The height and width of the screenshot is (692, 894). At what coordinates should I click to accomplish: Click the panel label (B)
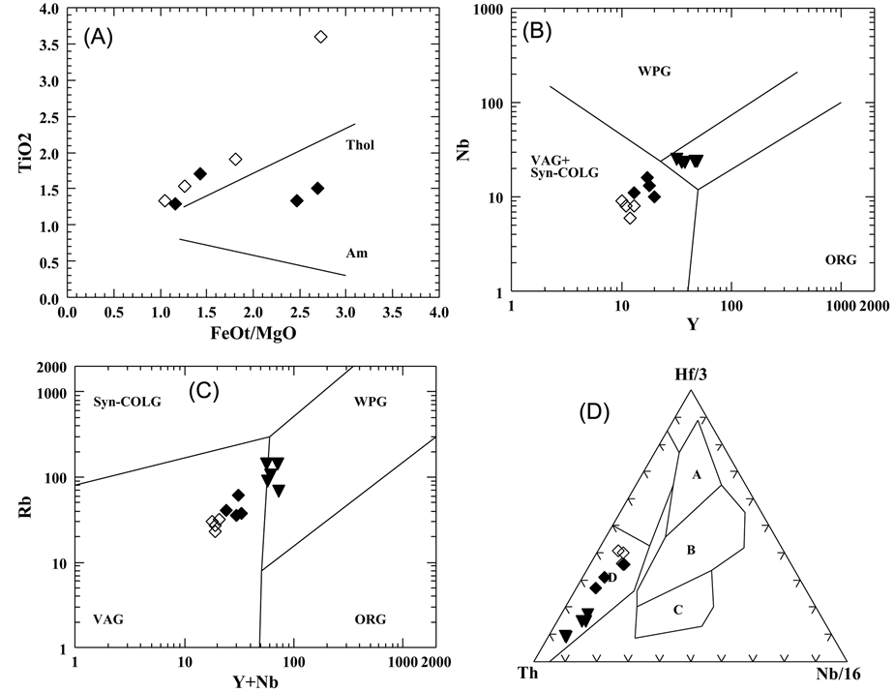click(538, 31)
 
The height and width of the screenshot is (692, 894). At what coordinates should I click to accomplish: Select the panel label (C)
click(200, 392)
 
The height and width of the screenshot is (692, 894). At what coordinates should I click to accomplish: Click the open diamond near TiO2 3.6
click(321, 37)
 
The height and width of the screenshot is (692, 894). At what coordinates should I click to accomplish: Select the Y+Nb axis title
click(256, 679)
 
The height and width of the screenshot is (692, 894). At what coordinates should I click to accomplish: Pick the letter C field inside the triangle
click(678, 610)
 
